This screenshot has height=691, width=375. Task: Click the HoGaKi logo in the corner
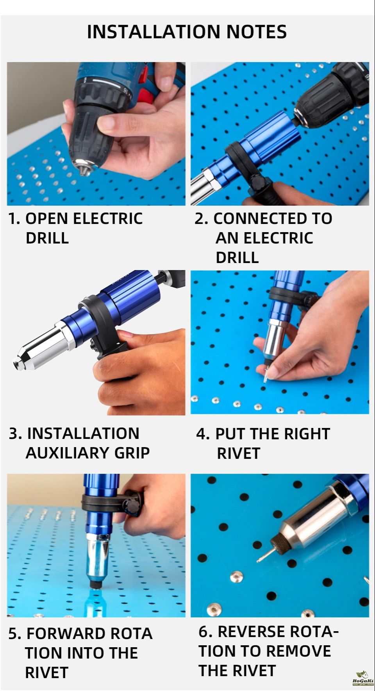click(363, 678)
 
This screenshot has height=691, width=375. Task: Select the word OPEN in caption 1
click(47, 218)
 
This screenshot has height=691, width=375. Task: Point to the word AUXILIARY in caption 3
click(68, 453)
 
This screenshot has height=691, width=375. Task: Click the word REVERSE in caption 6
click(252, 632)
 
